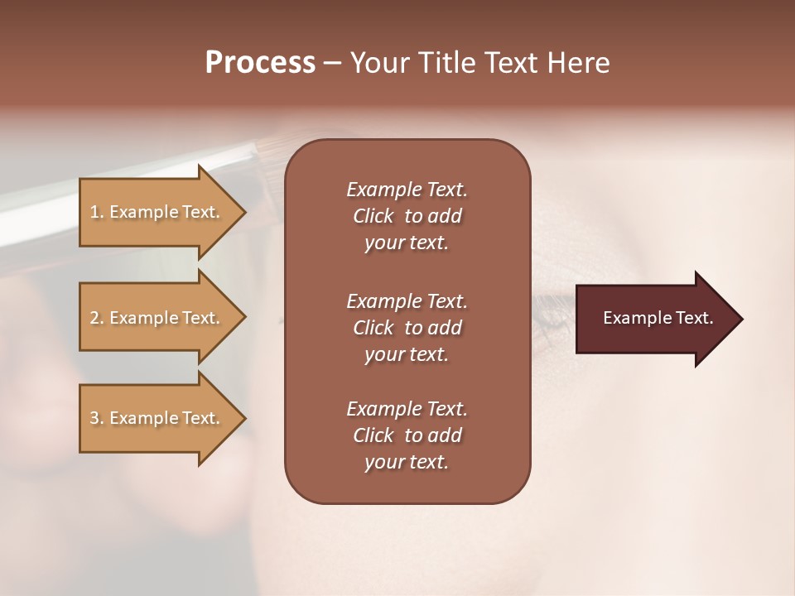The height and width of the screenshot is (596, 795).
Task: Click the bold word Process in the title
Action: click(260, 63)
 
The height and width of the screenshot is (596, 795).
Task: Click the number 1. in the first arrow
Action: click(97, 212)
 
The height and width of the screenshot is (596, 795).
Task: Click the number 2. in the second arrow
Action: click(97, 318)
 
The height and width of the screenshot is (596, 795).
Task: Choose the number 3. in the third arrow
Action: click(97, 418)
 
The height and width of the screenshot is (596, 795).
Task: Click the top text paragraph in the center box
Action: click(407, 216)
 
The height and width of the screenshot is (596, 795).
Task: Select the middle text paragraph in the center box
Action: click(407, 328)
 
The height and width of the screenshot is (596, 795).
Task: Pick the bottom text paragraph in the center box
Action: click(407, 435)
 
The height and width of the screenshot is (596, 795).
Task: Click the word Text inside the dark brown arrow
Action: click(695, 318)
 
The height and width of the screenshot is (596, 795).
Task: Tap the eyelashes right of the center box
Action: click(550, 310)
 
